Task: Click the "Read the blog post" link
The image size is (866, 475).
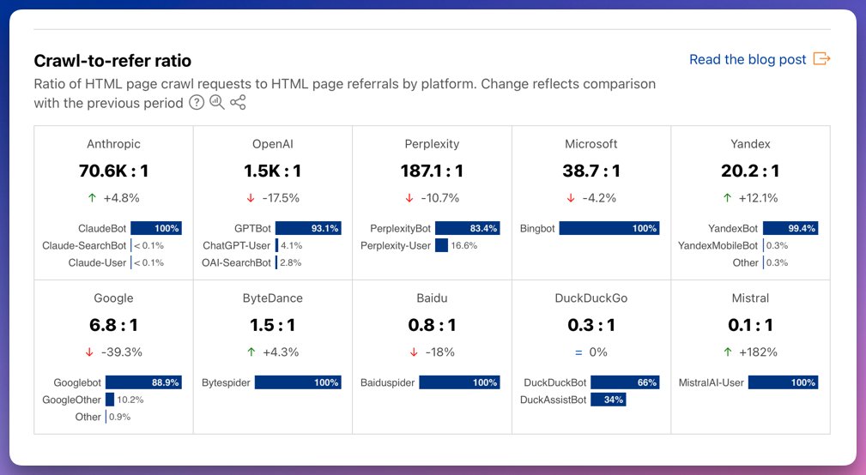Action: (748, 59)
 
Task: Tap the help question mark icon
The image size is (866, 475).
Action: (197, 103)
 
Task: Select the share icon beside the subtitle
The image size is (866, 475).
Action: (238, 103)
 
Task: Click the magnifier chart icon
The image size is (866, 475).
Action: (217, 103)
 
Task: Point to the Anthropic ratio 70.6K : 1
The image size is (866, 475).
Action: (114, 171)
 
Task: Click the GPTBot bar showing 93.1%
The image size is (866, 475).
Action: (308, 228)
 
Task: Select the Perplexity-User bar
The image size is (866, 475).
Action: (441, 245)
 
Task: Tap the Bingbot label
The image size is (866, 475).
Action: (536, 228)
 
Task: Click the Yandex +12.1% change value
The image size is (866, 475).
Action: (758, 198)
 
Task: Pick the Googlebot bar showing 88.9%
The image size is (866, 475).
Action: (143, 382)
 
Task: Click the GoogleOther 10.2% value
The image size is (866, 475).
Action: (130, 400)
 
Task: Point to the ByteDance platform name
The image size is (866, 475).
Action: (273, 298)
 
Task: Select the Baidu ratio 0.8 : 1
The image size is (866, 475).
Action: (432, 325)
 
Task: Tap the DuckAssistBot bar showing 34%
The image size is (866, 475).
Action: (608, 400)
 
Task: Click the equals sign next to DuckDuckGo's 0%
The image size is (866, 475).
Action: (578, 352)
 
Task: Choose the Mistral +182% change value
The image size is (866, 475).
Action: (758, 352)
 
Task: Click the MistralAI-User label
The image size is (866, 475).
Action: (712, 383)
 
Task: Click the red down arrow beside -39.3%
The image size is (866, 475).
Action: (89, 352)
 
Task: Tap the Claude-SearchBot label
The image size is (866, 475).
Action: (84, 246)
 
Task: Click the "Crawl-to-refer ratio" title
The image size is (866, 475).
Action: (112, 61)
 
